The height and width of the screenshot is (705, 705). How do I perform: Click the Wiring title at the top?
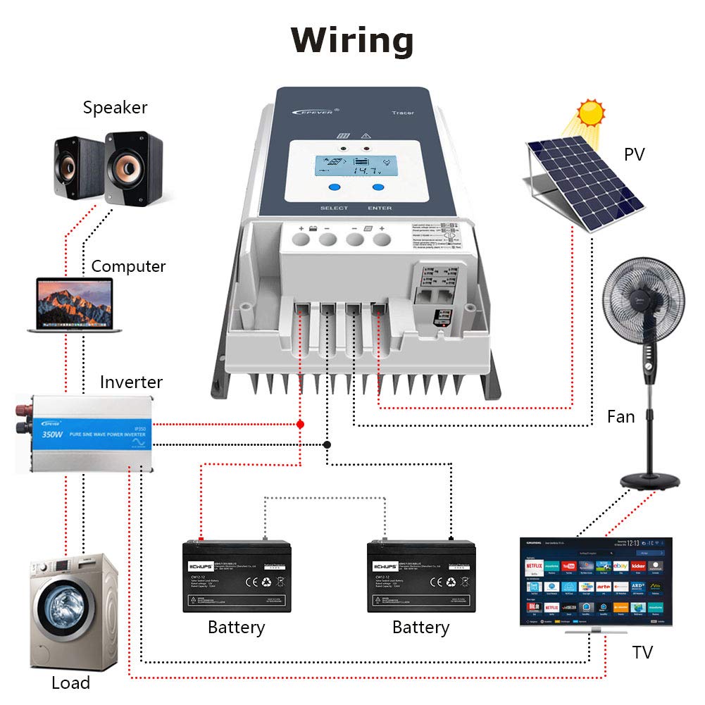click(352, 40)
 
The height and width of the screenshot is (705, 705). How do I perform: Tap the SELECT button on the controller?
click(334, 188)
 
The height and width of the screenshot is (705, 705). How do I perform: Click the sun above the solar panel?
click(589, 113)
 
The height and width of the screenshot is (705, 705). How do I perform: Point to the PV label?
click(634, 155)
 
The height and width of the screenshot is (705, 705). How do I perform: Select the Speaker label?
click(115, 108)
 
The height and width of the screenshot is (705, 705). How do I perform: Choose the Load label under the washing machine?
click(70, 682)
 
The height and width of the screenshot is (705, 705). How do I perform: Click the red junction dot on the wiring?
click(300, 425)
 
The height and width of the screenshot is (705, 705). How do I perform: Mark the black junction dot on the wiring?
click(327, 444)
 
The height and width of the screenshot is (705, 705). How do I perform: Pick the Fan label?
click(620, 417)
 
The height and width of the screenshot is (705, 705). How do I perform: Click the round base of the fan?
click(650, 481)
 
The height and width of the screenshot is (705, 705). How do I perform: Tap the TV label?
click(642, 652)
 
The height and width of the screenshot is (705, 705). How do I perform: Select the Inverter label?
click(131, 382)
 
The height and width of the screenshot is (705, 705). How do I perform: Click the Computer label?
click(128, 267)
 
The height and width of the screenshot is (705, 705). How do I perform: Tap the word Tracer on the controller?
click(402, 113)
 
